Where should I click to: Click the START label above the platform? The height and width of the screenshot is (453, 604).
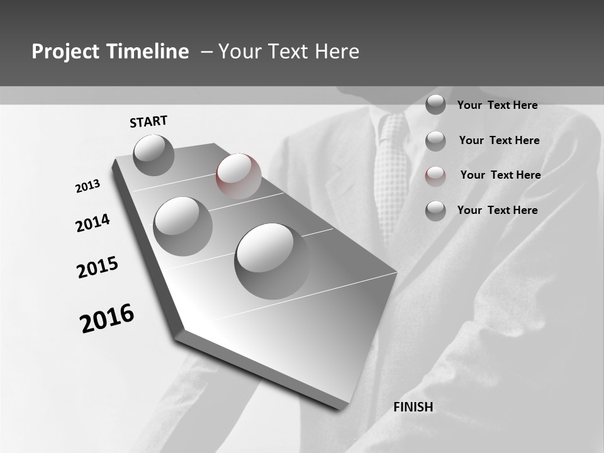148,121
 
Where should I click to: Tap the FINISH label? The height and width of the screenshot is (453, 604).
413,407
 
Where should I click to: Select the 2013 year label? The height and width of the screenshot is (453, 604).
87,186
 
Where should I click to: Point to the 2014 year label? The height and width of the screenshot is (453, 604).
92,223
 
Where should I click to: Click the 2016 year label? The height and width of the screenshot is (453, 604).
107,318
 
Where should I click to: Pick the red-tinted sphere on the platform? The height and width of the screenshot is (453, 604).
238,176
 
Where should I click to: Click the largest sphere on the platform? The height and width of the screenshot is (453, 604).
272,260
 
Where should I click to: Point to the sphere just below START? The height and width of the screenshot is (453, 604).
154,155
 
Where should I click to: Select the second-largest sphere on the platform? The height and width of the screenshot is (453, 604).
182,226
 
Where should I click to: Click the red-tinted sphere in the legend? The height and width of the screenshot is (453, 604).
435,176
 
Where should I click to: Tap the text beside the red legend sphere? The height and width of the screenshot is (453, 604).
500,175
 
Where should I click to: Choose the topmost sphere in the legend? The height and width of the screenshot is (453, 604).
435,104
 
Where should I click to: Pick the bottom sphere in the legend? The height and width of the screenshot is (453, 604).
435,211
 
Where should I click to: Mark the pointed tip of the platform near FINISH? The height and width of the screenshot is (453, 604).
343,407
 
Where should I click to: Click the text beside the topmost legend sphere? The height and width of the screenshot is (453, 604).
497,105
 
